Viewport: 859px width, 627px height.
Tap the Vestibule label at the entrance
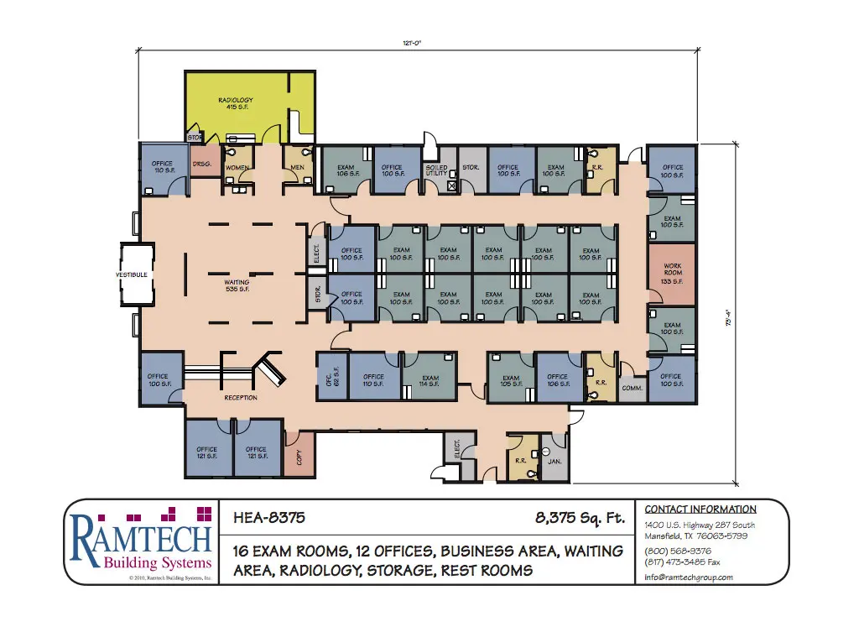(x=132, y=274)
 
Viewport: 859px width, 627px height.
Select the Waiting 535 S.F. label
(x=237, y=286)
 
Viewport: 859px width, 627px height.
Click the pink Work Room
(x=672, y=274)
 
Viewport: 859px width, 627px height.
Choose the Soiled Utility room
(x=436, y=170)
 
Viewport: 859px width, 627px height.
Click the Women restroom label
(x=237, y=168)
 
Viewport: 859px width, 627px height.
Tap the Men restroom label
(x=297, y=166)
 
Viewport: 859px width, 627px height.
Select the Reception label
(x=241, y=397)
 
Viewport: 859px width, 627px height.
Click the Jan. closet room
(x=554, y=461)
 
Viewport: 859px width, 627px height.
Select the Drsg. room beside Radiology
(x=201, y=164)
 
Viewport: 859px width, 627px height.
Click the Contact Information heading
(x=700, y=509)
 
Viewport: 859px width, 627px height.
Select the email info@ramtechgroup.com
(x=689, y=577)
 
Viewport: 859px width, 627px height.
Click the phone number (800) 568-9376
(x=678, y=551)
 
